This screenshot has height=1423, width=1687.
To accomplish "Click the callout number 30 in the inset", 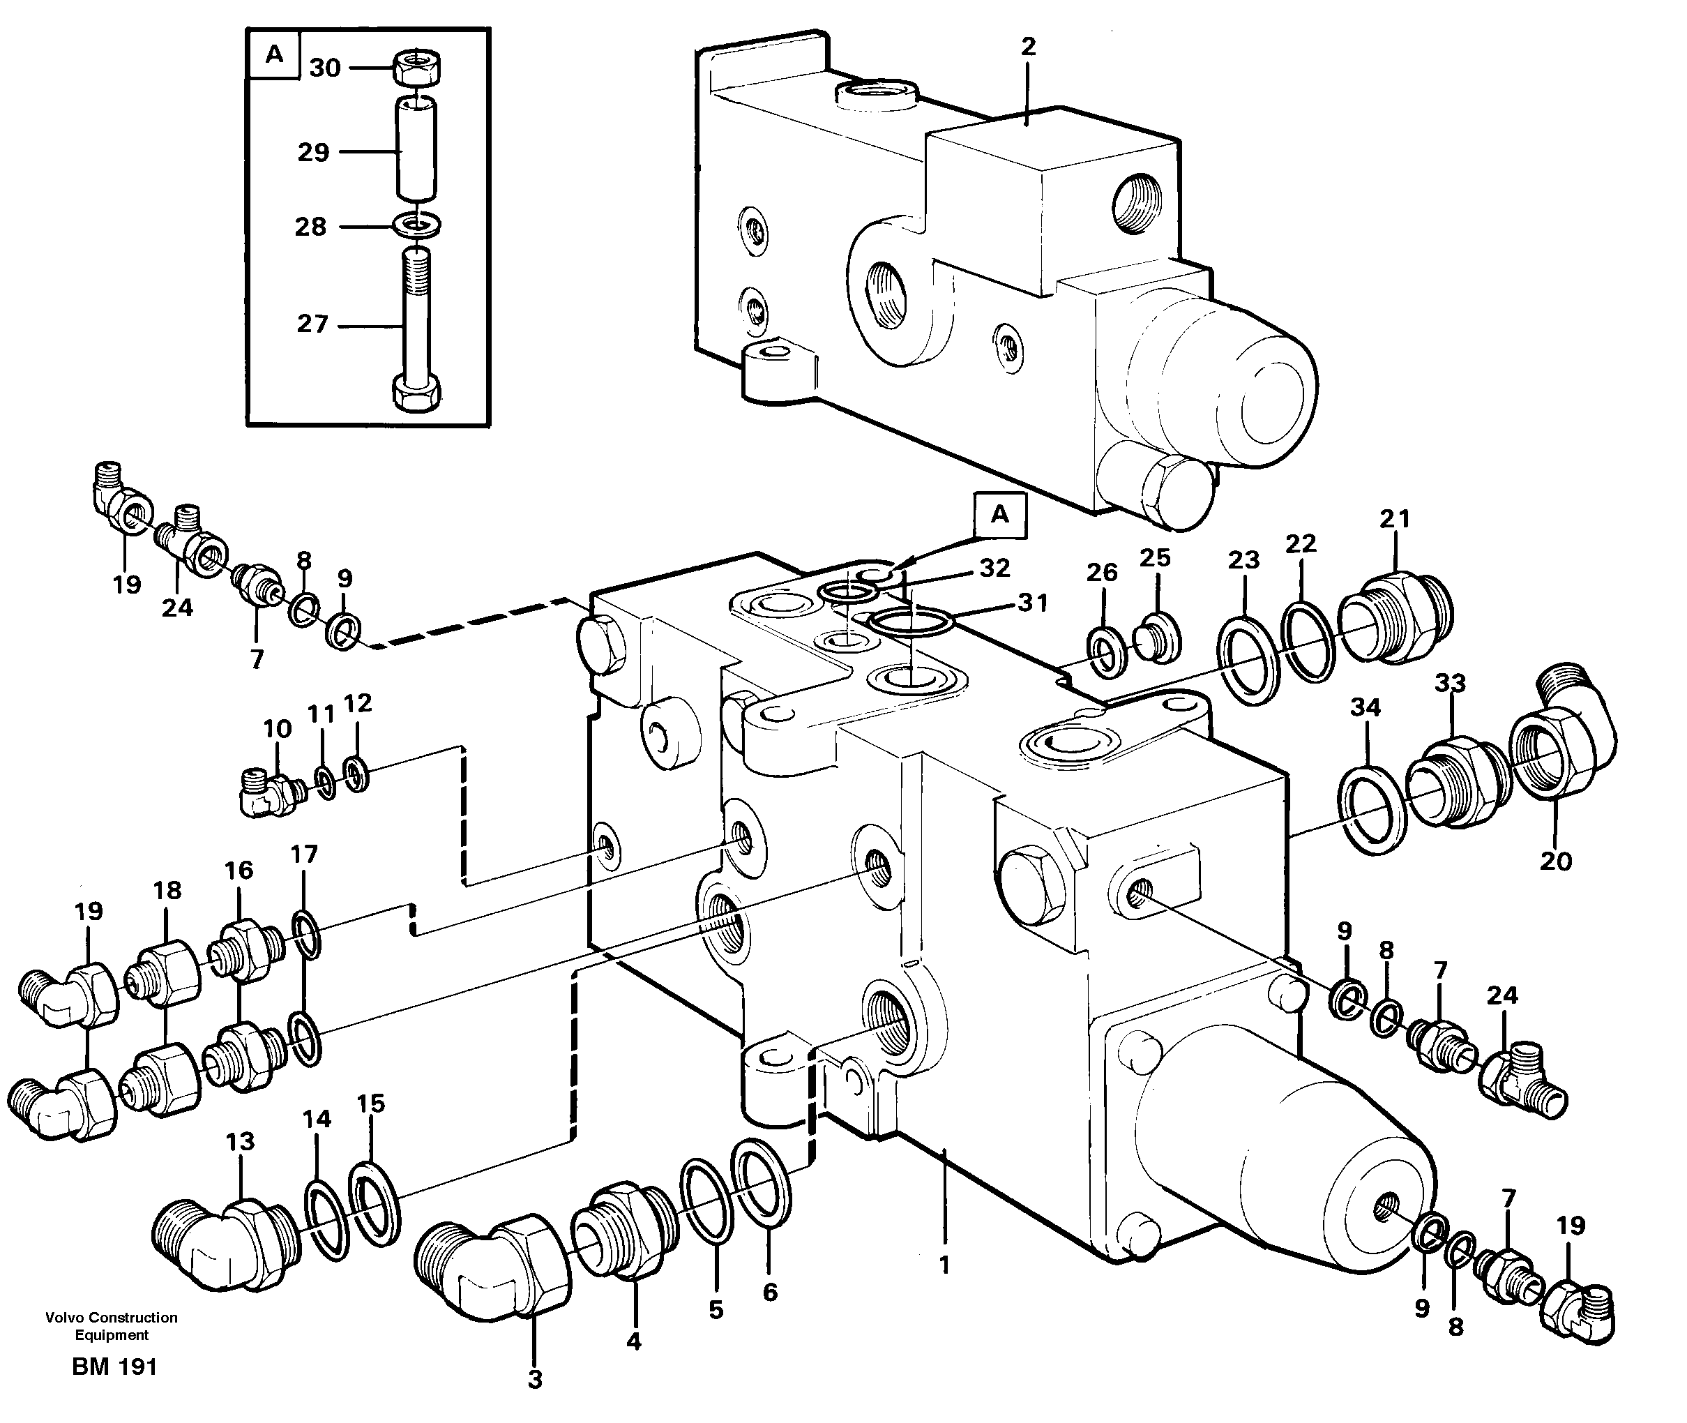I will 325,68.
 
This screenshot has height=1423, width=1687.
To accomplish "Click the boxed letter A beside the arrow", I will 999,514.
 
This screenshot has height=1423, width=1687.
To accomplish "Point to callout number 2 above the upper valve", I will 1027,47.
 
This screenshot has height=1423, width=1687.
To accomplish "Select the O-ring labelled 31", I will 911,623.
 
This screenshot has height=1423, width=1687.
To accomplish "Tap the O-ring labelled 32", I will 848,594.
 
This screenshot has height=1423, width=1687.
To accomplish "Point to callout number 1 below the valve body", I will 944,1265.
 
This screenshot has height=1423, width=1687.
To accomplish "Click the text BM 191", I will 114,1366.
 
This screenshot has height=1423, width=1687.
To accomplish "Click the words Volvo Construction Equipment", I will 112,1326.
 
